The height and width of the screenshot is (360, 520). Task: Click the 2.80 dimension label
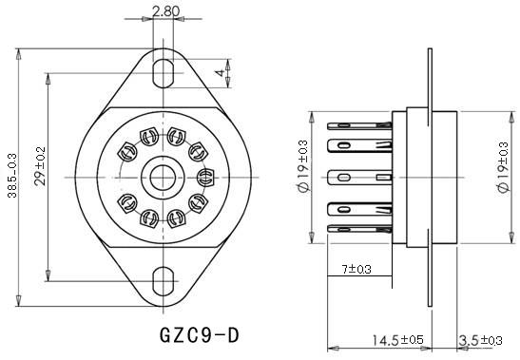click(x=165, y=11)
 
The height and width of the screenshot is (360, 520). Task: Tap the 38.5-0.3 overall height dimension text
click(x=12, y=176)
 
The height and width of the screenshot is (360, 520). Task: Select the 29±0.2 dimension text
click(x=40, y=165)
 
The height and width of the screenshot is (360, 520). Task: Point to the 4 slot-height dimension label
click(x=220, y=73)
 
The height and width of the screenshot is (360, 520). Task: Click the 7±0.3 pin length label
click(x=356, y=269)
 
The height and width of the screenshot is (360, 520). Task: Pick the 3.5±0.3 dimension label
click(x=480, y=340)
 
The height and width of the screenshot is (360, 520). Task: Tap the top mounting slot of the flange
click(x=164, y=73)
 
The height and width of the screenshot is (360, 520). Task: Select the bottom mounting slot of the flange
click(x=164, y=281)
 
